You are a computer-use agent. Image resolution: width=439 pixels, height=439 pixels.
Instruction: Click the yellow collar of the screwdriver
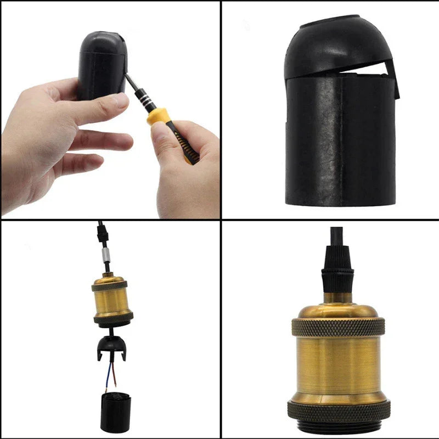[157, 116]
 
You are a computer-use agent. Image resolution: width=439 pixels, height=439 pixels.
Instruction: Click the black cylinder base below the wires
[115, 412]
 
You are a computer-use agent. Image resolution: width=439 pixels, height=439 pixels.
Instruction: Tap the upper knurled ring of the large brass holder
[337, 327]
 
